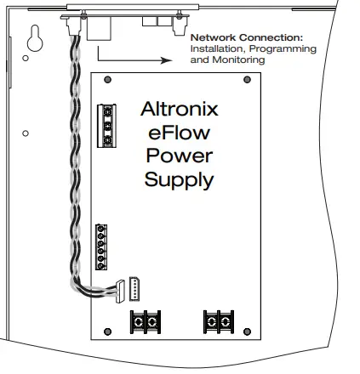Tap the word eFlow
coord(178,133)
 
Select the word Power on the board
coord(179,156)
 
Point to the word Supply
coord(179,180)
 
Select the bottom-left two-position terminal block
coord(145,320)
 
